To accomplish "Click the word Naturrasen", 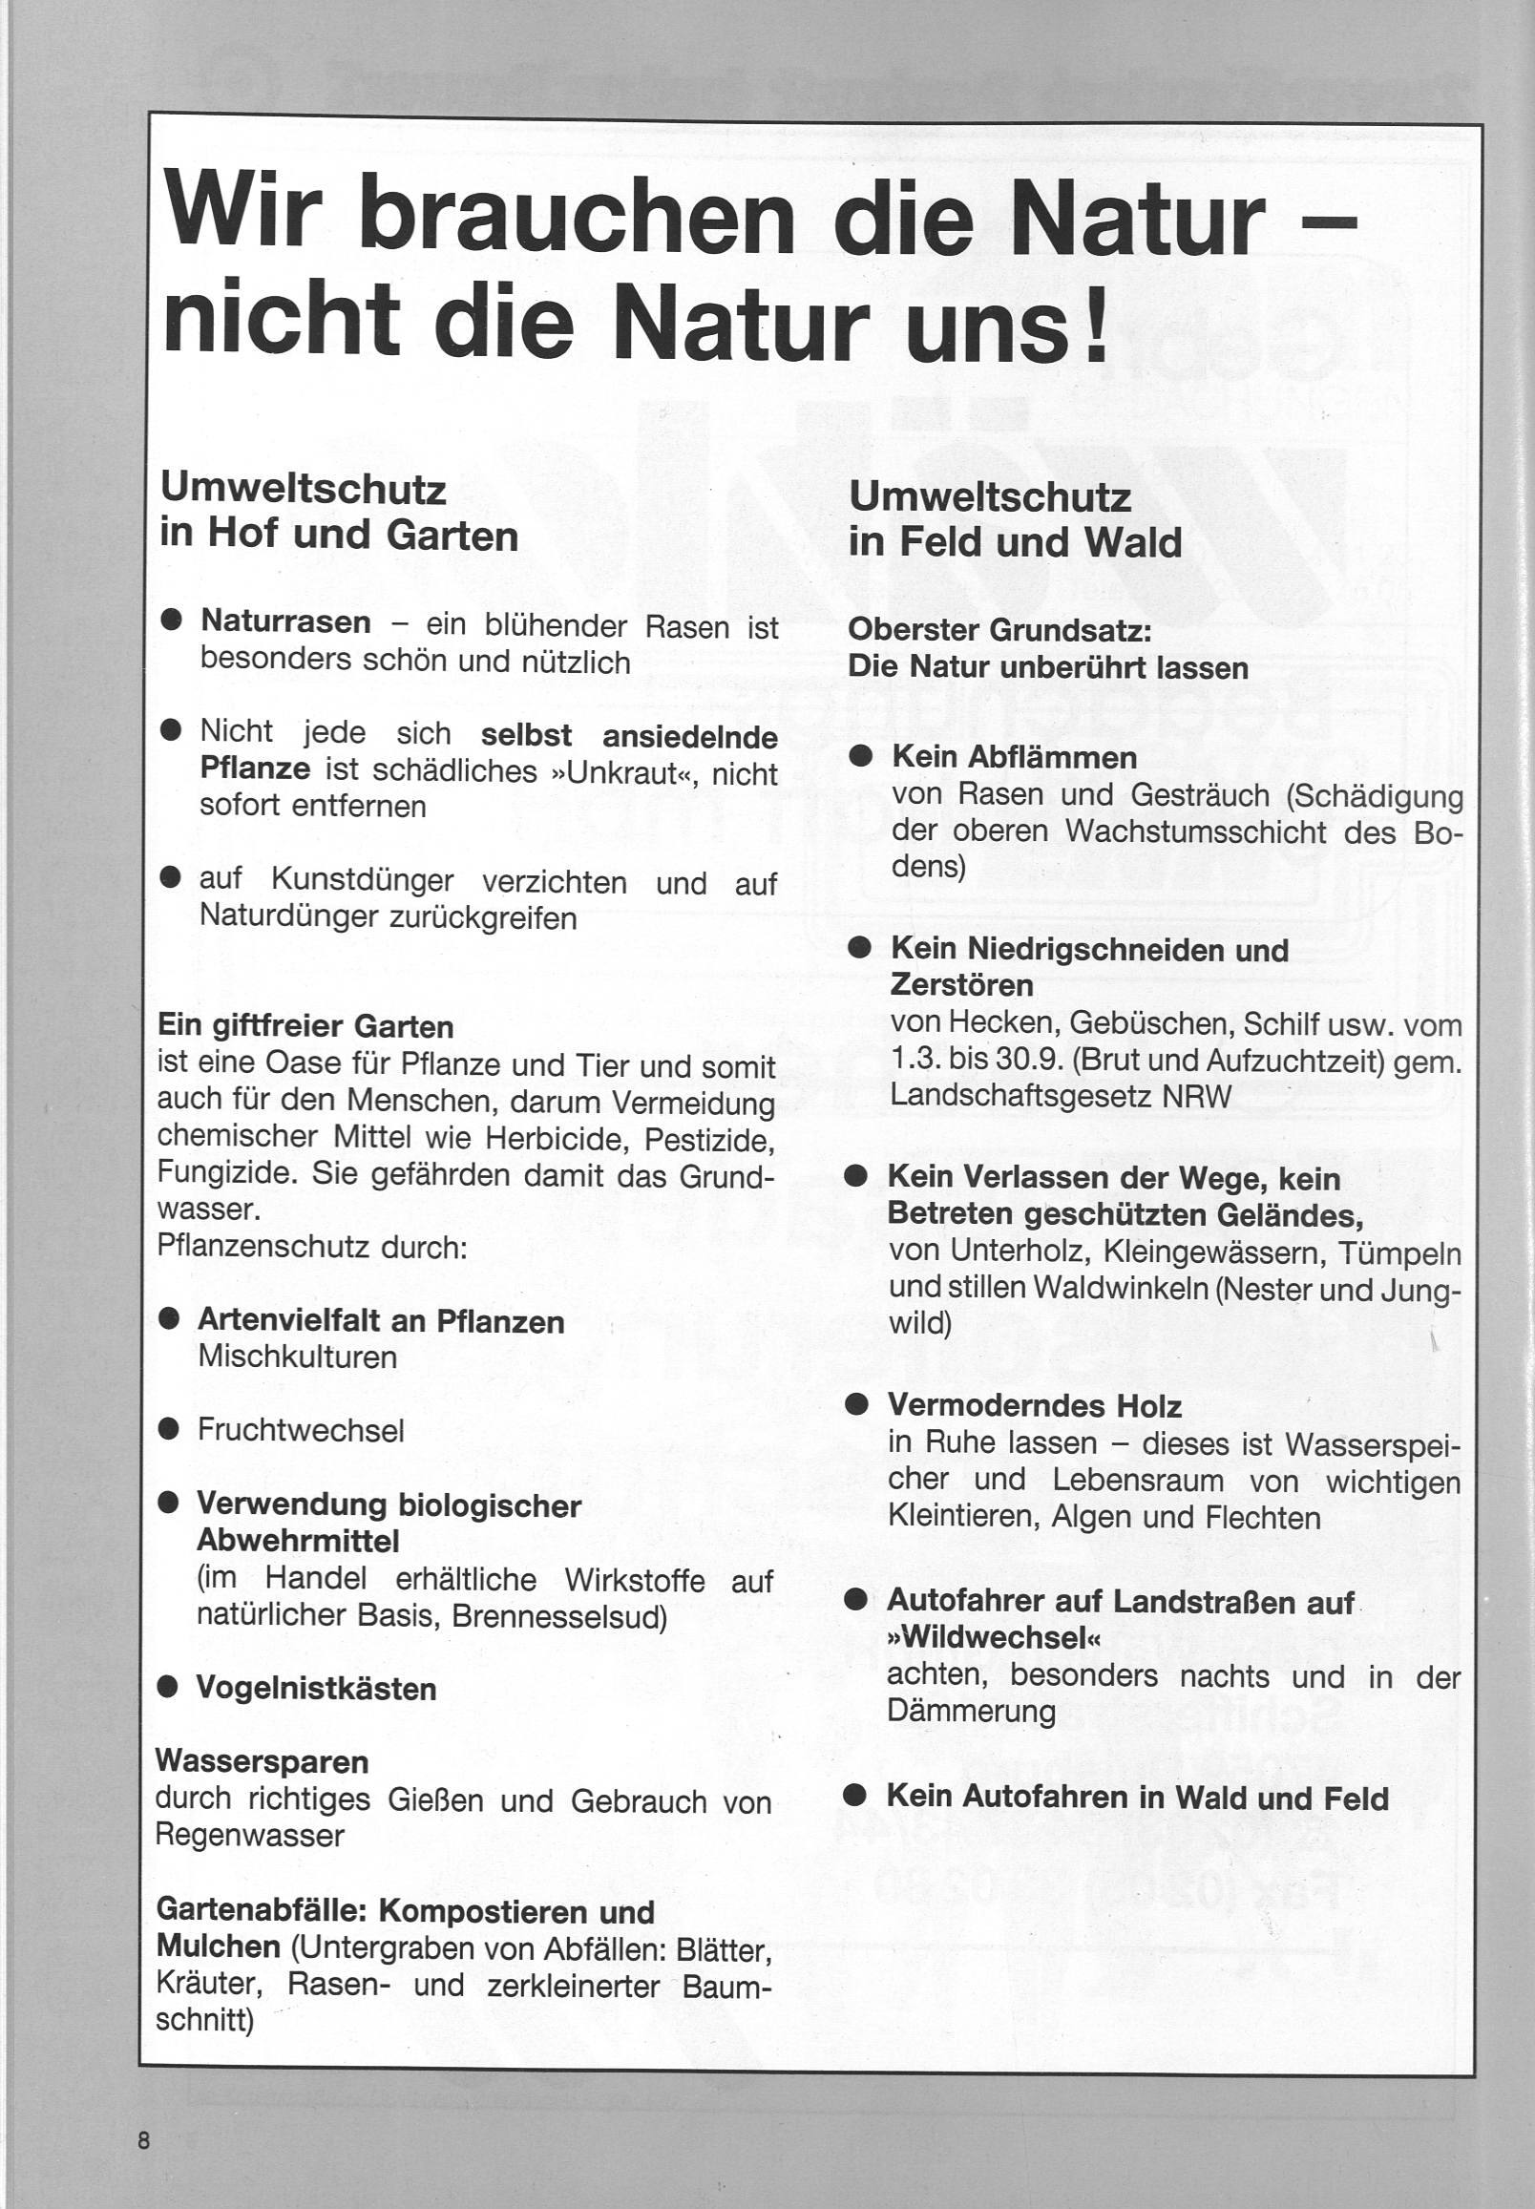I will coord(285,622).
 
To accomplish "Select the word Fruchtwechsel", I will coord(300,1430).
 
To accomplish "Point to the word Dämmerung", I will coord(971,1711).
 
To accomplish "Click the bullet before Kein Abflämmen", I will coord(860,756).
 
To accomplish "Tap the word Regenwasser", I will coord(249,1835).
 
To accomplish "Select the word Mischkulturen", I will coord(296,1356).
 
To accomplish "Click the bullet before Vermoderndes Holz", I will coord(856,1405).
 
